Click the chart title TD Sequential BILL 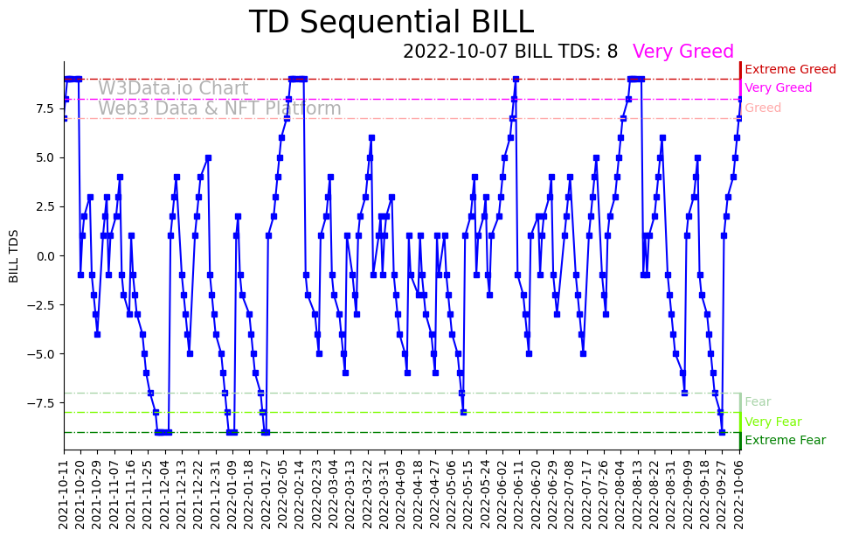coord(391,23)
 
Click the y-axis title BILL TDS coord(14,255)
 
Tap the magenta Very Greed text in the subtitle coord(682,52)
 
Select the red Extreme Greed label coord(790,69)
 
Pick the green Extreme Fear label coord(785,441)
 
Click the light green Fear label coord(758,402)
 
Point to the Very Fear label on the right coord(772,422)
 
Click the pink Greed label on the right coord(763,108)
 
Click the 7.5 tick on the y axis coord(45,108)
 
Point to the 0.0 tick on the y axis coord(45,256)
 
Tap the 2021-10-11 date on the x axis coord(64,494)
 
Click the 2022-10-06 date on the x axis coord(738,494)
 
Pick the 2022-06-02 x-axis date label coord(501,494)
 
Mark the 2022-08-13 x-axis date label coord(636,494)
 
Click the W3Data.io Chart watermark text coord(173,89)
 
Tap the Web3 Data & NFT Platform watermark coord(219,109)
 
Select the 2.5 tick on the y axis coord(45,206)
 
